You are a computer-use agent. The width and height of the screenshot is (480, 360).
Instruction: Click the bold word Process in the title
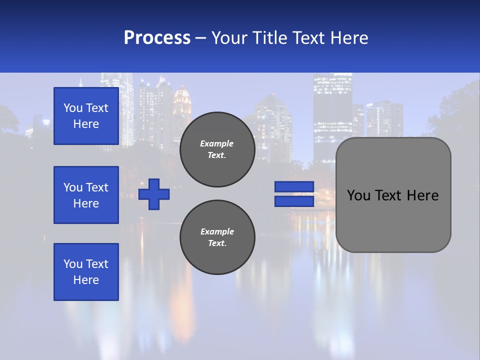[157, 38]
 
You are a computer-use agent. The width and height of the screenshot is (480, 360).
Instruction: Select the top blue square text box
[86, 116]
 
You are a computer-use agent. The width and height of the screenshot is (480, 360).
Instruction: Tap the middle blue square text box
[86, 195]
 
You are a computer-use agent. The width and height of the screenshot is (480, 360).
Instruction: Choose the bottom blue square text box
[86, 271]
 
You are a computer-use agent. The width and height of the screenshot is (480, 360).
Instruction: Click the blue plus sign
[154, 194]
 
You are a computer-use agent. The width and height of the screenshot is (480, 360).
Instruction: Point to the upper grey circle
[217, 149]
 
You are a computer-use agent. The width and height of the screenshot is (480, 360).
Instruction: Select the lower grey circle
[217, 237]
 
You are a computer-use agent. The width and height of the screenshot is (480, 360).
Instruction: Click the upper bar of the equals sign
[294, 187]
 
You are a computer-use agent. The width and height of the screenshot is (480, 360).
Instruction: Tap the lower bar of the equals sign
[294, 201]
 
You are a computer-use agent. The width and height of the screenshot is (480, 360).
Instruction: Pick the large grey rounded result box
[393, 195]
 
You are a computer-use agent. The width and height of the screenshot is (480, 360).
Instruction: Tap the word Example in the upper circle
[216, 144]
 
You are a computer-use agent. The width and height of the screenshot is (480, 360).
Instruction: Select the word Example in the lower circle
[217, 232]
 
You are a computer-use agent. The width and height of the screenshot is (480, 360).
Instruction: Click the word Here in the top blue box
[86, 124]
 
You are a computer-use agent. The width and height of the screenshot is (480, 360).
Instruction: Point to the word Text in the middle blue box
[97, 187]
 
